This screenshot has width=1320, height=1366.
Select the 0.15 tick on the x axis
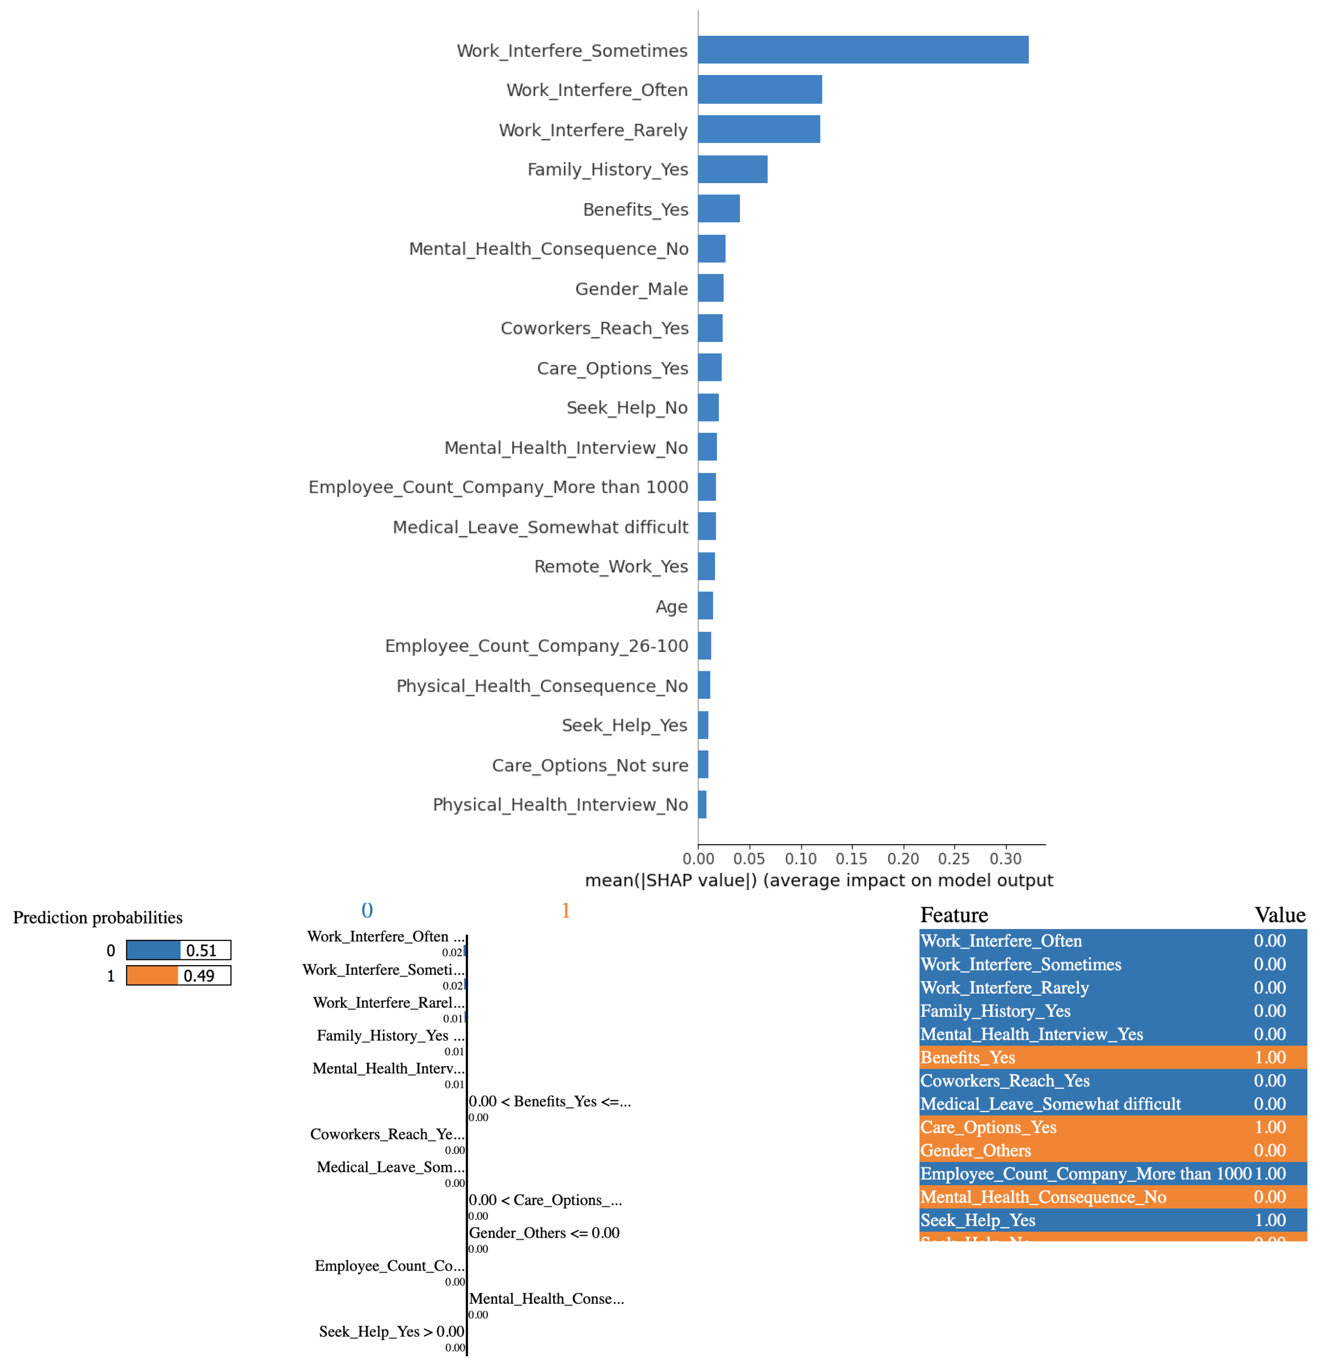(x=851, y=859)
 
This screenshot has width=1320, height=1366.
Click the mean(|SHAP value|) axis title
(x=818, y=880)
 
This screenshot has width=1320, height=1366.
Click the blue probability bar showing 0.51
(x=153, y=950)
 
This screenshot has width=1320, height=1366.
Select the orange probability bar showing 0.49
(x=152, y=975)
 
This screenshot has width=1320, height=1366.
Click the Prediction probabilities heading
(x=98, y=917)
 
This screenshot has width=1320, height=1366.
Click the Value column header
(x=1280, y=915)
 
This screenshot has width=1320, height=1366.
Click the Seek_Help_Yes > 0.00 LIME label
(x=391, y=1331)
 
